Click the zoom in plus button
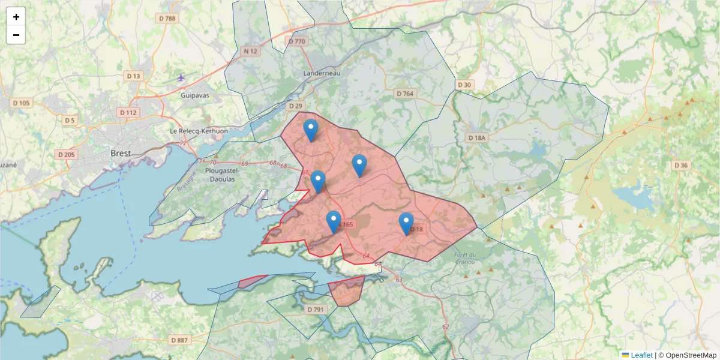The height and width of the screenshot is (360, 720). tap(16, 17)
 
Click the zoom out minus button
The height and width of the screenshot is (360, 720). tap(16, 35)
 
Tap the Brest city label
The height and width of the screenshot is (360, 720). tap(121, 154)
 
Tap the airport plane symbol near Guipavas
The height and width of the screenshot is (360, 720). tap(182, 77)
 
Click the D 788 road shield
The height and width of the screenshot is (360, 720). tap(167, 19)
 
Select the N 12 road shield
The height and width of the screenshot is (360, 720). tap(251, 51)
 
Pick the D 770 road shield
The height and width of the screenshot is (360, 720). tap(297, 41)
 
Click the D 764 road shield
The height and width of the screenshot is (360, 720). tap(406, 94)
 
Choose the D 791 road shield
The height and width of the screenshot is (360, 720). tap(315, 310)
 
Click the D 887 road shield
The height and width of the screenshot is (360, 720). tap(179, 340)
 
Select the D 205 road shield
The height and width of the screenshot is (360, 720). tap(67, 155)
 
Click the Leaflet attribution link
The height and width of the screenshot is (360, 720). tap(641, 355)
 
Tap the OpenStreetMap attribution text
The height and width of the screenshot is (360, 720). tap(687, 355)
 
